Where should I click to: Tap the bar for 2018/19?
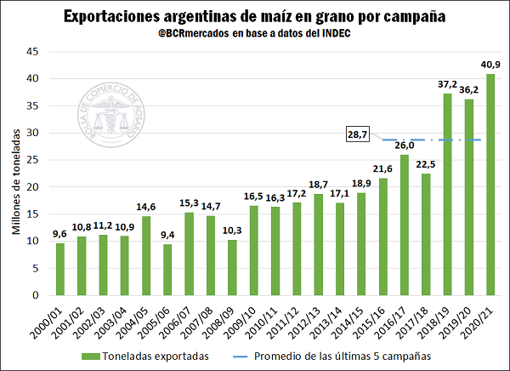(446, 195)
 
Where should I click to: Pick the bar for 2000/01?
(60, 269)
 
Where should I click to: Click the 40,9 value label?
(490, 65)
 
